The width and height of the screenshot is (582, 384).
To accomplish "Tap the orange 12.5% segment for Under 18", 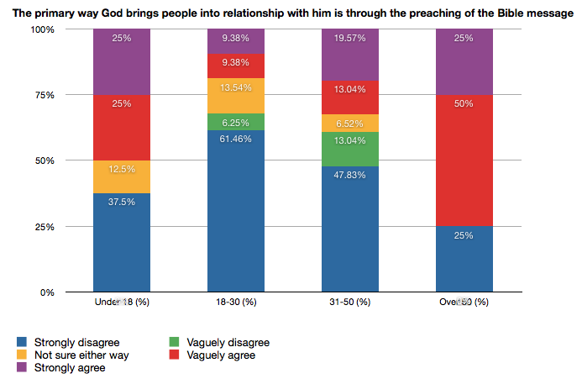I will click(x=122, y=176).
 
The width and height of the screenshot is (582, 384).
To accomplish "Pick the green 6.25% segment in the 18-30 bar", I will click(x=236, y=121).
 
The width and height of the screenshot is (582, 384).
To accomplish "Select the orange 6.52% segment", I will click(x=350, y=123).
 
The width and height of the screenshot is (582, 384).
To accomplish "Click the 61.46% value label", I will click(x=236, y=137).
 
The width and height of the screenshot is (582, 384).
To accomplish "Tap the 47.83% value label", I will click(x=350, y=173).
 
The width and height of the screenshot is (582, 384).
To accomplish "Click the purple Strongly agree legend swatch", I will click(x=24, y=367).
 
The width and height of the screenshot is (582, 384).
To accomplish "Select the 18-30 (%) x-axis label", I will click(x=236, y=301).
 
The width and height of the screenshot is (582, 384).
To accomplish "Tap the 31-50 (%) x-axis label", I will click(x=350, y=301).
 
